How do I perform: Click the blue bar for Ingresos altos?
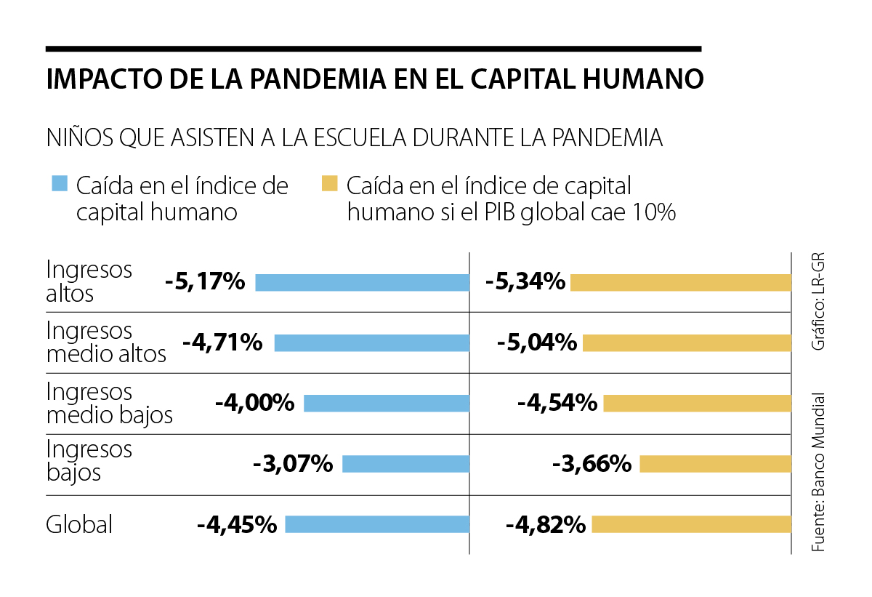tap(362, 282)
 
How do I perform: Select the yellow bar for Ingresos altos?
tap(680, 282)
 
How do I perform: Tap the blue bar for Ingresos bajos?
tap(405, 464)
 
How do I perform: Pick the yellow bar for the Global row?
tap(691, 524)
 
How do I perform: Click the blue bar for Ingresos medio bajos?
tap(386, 404)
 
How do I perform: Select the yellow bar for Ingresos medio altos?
tap(687, 343)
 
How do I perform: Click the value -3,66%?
tap(592, 464)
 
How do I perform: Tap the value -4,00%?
tap(254, 404)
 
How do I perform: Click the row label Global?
tap(79, 524)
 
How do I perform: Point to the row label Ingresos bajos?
tap(89, 461)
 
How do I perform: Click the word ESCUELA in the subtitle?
tap(374, 137)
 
